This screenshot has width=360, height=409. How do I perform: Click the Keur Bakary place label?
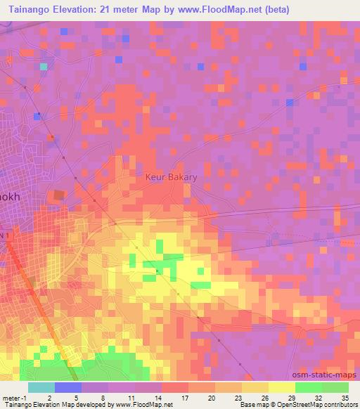(x=171, y=178)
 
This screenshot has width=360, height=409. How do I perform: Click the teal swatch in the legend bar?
(x=41, y=387)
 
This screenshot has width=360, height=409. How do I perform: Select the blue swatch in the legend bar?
(x=68, y=387)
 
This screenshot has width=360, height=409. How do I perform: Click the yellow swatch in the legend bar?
(x=282, y=387)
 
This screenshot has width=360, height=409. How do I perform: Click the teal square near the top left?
(x=44, y=66)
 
